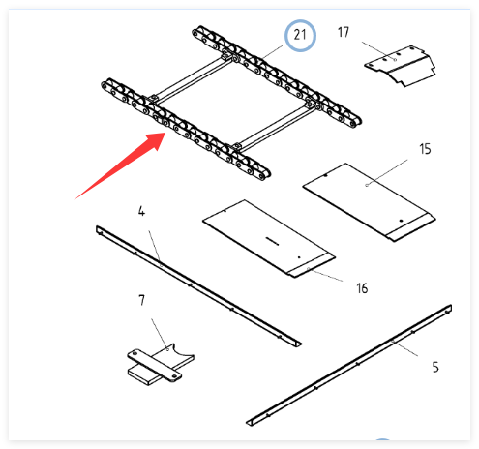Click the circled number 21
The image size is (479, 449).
point(300,35)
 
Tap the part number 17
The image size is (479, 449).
point(344,32)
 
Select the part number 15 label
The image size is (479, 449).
point(425,149)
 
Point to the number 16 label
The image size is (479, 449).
point(362,288)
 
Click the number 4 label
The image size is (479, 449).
point(141,211)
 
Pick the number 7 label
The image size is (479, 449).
point(141,300)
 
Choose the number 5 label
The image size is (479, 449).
point(435,367)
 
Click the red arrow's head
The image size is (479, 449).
point(157,139)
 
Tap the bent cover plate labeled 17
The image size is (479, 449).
point(401,66)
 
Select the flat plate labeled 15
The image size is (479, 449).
point(370,202)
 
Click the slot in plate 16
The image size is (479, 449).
point(272,241)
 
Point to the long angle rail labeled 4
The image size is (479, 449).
point(198,286)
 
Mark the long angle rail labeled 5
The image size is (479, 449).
point(349,365)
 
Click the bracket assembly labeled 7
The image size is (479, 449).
point(161,365)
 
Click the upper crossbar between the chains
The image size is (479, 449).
point(194,76)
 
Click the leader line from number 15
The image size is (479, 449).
point(387,172)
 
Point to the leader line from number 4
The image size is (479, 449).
point(155,248)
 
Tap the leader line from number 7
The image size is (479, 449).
point(160,334)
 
